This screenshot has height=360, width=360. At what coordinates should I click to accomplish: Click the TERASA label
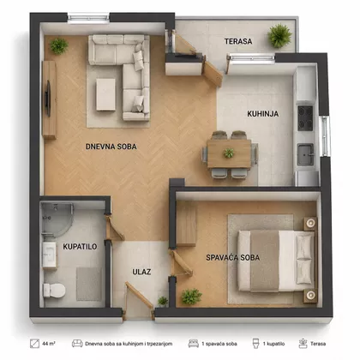(238, 41)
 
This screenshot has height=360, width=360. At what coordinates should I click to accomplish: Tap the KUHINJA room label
(263, 114)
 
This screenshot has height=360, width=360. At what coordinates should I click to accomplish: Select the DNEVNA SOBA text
(111, 147)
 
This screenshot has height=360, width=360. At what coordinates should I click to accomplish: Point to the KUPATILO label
(80, 246)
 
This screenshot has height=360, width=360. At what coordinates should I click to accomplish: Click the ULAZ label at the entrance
(141, 272)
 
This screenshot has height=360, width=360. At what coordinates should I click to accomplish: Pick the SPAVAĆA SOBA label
(233, 257)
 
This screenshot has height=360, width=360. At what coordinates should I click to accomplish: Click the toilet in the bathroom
(54, 290)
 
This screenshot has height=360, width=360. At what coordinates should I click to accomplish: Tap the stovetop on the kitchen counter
(305, 118)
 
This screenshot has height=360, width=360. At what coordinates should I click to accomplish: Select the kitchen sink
(305, 154)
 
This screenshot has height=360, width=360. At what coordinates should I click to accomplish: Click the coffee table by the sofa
(105, 94)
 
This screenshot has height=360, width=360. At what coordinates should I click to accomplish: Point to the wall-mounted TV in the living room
(48, 99)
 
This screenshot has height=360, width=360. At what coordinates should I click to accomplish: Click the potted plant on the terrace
(279, 36)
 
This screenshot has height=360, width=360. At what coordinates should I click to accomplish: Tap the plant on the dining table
(229, 153)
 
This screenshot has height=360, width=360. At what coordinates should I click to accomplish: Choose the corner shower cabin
(57, 219)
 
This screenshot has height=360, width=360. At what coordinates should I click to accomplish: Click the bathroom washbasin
(50, 255)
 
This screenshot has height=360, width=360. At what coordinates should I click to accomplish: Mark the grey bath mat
(89, 284)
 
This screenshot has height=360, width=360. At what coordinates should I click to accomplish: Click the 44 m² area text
(49, 344)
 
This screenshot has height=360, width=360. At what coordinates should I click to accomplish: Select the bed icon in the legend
(194, 344)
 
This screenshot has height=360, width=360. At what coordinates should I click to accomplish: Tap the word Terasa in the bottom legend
(318, 344)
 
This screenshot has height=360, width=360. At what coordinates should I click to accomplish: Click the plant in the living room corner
(59, 45)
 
